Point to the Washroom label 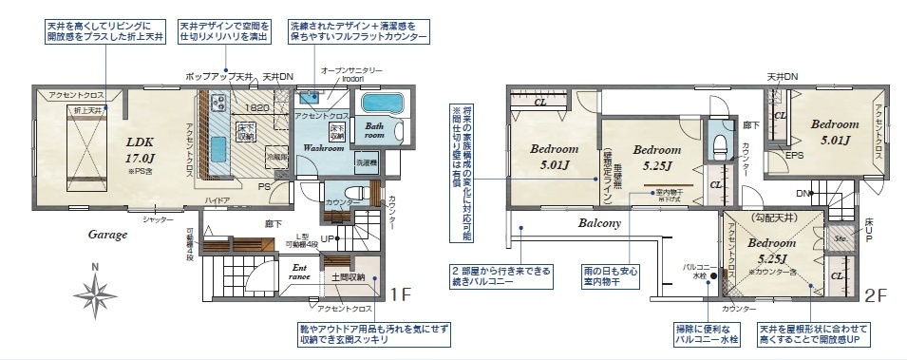coord(323,149)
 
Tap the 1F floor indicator coord(400,295)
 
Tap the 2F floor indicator coord(875,295)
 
